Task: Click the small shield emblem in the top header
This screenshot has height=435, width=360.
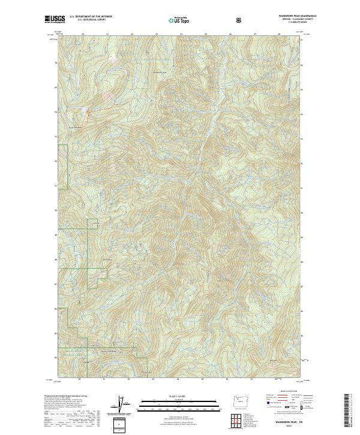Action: point(238,20)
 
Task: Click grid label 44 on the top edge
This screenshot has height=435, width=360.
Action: point(181,34)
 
